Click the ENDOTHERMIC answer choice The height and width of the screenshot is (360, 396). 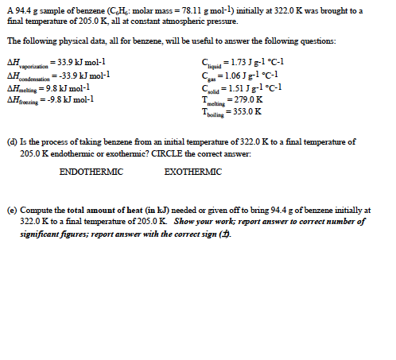(x=91, y=172)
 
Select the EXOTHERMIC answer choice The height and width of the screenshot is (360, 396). (x=193, y=172)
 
